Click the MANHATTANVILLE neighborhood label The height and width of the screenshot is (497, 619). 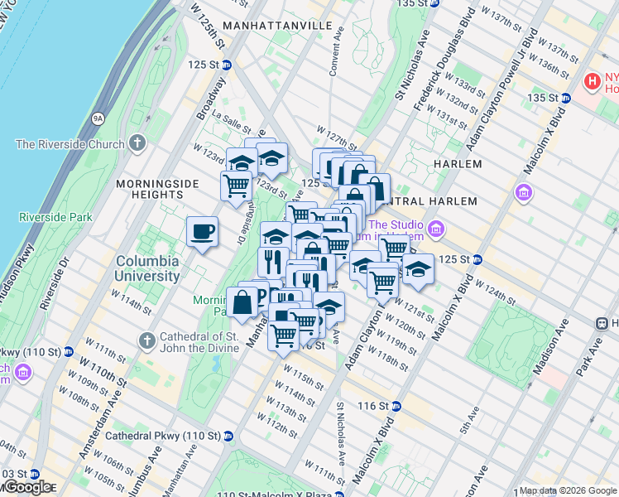pos(292,26)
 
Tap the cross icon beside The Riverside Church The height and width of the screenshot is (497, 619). pos(137,144)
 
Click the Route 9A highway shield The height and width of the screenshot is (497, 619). pos(98,119)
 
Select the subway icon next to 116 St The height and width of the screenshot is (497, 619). pos(396,406)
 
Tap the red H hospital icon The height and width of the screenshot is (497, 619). pos(593,81)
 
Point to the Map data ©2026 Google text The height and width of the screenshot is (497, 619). pos(568,490)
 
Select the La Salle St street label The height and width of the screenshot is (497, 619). pos(231,118)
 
